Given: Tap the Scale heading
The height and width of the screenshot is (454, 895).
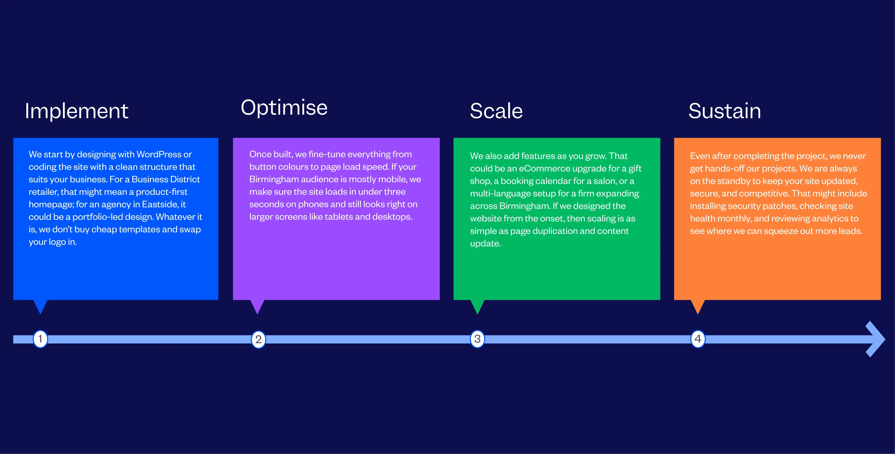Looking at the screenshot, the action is click(x=496, y=111).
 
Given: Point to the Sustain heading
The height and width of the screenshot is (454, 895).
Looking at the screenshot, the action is click(x=725, y=111).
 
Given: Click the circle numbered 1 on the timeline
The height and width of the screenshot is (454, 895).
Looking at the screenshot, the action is click(x=40, y=339).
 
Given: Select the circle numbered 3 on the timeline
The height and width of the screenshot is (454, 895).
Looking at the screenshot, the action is click(x=477, y=339).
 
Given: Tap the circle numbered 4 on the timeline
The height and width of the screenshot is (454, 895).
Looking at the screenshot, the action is click(x=698, y=339).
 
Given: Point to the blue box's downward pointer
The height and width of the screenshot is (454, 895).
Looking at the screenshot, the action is click(x=40, y=306).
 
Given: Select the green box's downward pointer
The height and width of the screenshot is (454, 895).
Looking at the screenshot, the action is click(x=477, y=306).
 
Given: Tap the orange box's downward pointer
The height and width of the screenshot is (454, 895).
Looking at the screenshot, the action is click(x=698, y=306).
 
